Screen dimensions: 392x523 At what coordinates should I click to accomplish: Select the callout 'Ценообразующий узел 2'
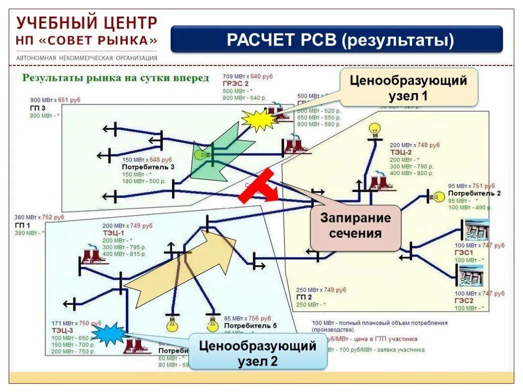point(257,353)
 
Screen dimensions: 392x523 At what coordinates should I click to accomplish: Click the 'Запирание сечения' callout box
point(355,226)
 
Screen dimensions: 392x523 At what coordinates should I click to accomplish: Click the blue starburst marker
point(109,334)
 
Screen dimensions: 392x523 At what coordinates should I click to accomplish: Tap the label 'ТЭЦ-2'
point(401,152)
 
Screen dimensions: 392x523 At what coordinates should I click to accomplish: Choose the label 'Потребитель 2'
point(474,193)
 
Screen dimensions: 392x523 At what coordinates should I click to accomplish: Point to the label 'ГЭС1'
point(465,253)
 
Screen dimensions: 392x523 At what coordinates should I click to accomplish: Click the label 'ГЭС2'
point(465,301)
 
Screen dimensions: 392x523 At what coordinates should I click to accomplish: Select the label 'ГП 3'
point(37,108)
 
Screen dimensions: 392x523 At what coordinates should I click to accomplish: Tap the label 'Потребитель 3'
point(148,167)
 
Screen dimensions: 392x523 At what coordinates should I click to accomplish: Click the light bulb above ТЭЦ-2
point(375,131)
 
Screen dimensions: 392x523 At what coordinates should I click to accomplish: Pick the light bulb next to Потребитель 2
point(439,197)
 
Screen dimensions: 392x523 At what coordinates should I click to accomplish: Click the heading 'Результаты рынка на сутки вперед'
point(115,79)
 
